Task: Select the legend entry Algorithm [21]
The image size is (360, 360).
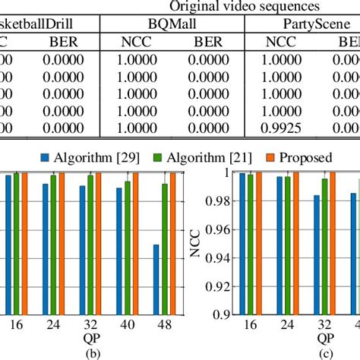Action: pyautogui.click(x=187, y=157)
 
